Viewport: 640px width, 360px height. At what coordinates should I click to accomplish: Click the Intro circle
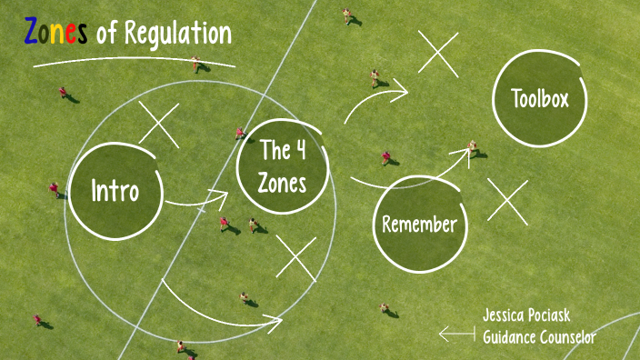(x=115, y=191)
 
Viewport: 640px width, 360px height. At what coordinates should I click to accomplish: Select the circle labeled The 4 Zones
(x=282, y=166)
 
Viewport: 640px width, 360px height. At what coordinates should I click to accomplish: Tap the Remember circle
(x=419, y=224)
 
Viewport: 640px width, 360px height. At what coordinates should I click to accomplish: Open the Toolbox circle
(x=539, y=98)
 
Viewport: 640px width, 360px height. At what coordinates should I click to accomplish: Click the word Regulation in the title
(x=178, y=35)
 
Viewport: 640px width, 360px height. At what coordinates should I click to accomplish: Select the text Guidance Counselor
(x=539, y=337)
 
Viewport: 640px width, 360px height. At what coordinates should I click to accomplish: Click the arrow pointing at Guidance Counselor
(x=456, y=335)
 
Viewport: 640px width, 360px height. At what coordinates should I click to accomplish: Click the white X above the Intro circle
(x=159, y=125)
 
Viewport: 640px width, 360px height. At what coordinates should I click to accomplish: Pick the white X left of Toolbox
(x=438, y=54)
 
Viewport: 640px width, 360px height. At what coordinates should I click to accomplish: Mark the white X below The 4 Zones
(x=295, y=257)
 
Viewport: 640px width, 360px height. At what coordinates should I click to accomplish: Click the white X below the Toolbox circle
(x=507, y=201)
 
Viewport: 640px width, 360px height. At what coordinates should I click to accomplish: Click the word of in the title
(x=106, y=35)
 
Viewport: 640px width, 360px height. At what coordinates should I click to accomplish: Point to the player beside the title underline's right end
(x=196, y=64)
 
